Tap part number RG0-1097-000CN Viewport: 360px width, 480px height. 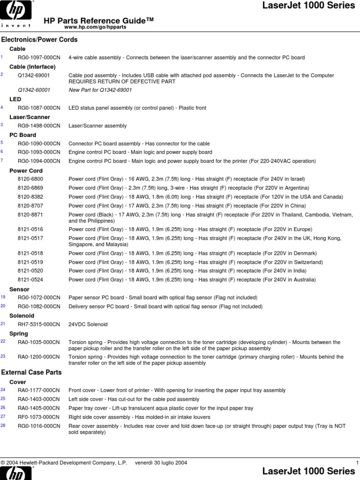point(39,58)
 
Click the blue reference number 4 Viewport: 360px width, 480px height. point(2,107)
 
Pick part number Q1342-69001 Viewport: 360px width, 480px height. point(34,75)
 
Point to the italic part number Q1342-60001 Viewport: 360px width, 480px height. point(34,90)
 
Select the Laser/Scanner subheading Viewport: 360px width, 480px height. point(30,117)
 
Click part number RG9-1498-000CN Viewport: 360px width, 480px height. point(39,126)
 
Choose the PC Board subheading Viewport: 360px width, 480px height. point(23,135)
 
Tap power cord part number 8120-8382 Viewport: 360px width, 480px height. point(30,197)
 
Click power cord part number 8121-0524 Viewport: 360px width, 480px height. point(30,280)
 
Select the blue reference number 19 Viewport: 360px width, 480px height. point(3,297)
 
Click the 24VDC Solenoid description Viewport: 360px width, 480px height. point(88,324)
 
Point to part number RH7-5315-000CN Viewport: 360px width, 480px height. point(39,324)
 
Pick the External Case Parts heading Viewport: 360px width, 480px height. point(32,372)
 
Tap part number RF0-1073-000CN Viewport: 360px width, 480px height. point(39,417)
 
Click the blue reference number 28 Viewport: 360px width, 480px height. point(3,426)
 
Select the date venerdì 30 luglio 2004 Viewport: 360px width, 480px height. point(161,463)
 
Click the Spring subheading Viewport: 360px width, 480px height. point(19,334)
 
